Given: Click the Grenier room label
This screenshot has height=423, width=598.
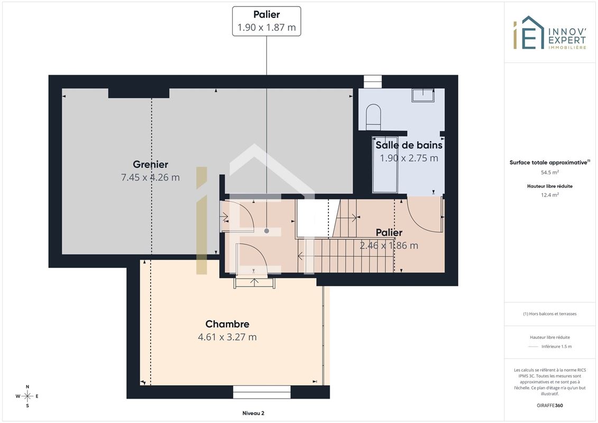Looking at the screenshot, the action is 150,164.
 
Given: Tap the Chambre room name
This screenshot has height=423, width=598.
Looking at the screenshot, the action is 227,324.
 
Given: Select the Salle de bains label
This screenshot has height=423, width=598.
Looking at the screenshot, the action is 409,145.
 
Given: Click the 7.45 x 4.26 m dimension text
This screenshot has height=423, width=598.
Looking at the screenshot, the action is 150,177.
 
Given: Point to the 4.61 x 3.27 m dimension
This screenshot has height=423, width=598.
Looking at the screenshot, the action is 227,337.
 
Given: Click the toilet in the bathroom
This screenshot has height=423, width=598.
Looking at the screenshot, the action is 373,117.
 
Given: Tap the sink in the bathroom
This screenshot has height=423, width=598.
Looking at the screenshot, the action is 423,95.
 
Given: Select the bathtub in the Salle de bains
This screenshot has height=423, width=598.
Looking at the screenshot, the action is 385,165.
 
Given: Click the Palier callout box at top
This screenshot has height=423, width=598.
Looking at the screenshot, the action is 266,21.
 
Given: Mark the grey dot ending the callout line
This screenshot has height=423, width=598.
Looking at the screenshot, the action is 266,231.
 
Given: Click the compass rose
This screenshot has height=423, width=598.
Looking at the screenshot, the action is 27,396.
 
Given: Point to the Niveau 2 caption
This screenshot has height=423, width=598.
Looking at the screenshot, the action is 253,413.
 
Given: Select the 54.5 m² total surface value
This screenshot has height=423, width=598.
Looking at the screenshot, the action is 549,172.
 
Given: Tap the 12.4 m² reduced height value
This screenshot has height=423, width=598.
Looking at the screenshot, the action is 549,195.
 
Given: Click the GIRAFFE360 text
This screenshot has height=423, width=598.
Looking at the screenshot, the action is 549,406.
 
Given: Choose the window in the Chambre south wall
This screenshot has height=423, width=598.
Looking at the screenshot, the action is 262,392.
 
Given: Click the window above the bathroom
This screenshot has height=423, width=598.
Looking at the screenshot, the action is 373,81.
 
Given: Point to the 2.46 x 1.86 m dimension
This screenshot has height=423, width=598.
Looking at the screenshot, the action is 389,246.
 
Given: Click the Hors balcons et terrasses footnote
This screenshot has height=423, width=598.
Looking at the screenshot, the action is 549,314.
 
